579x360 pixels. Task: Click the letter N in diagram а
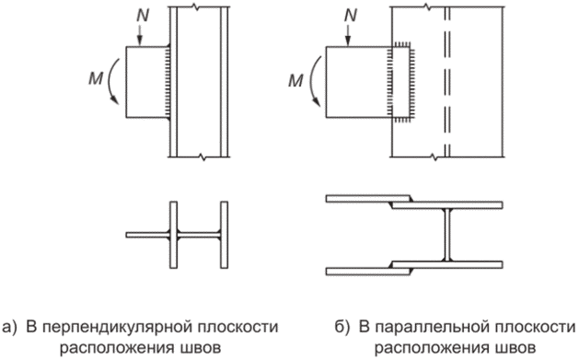click(143, 16)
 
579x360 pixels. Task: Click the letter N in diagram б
click(351, 16)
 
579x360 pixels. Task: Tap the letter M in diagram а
click(96, 78)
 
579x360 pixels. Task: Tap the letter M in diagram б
click(295, 80)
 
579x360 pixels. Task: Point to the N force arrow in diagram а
click(140, 35)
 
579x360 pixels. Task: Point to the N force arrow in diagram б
click(348, 35)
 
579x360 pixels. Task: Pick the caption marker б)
click(342, 328)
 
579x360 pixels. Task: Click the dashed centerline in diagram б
click(447, 82)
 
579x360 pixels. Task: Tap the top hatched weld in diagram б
click(401, 44)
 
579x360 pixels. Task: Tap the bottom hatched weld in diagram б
click(401, 120)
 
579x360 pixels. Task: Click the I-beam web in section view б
click(447, 235)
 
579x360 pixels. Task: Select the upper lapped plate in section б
click(368, 198)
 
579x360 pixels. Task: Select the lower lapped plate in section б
click(368, 272)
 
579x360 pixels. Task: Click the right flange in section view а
click(224, 235)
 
